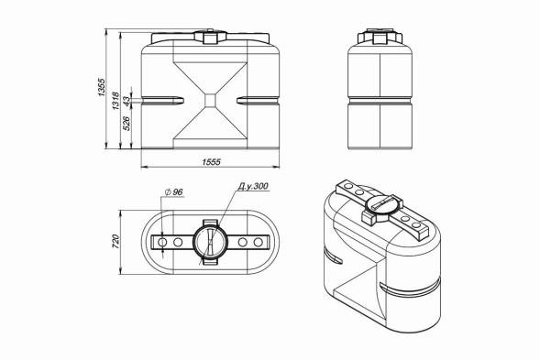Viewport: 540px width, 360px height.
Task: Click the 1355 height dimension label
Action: (101, 87)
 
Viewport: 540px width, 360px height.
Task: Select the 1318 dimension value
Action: (116, 101)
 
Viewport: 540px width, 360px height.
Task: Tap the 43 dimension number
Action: (127, 101)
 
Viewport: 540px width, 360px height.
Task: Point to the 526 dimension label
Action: (127, 124)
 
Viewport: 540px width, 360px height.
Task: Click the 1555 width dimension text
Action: (211, 162)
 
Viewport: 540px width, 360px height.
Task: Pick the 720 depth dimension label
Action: (116, 242)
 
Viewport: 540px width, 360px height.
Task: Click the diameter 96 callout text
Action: (174, 191)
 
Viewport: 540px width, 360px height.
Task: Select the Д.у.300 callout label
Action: (253, 186)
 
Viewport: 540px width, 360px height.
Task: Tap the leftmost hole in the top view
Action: (162, 243)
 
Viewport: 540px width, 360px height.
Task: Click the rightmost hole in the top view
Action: (259, 243)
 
